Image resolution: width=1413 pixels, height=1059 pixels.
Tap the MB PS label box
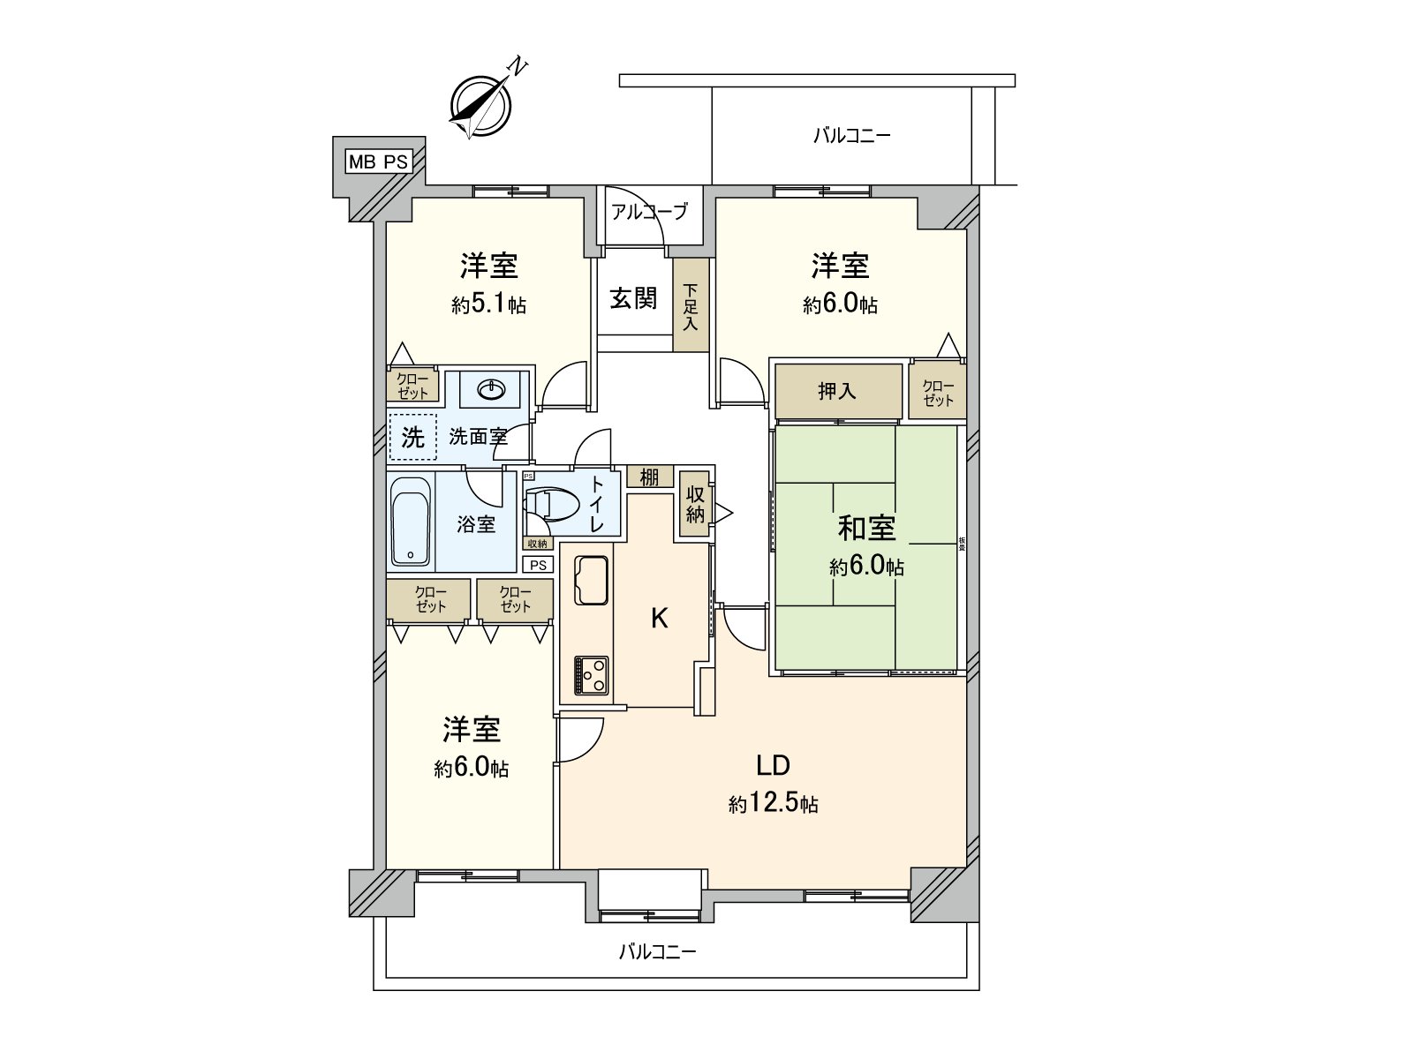coord(378,161)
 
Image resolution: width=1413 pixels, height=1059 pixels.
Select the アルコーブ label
coord(649,212)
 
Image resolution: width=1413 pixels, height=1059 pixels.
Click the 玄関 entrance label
coord(633,298)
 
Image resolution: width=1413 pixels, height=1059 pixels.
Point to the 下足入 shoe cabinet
coord(691,305)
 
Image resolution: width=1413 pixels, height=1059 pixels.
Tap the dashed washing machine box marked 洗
coord(412,437)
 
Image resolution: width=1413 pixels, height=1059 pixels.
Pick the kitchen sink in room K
coord(591,580)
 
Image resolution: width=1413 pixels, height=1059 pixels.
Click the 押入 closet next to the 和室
coord(837,391)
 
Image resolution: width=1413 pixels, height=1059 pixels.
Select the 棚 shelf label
coord(649,477)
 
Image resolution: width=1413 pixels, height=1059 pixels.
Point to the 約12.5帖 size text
coord(773,804)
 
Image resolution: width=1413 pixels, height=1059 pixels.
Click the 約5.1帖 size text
coord(488,305)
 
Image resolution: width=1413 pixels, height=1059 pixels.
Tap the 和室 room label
coord(866,528)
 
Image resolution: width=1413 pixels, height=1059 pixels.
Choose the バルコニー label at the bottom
coord(657,952)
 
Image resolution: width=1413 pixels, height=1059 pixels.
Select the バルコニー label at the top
coord(851,136)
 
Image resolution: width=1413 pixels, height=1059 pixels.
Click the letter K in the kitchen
coord(659,619)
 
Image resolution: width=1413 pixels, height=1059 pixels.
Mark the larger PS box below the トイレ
coord(538,565)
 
